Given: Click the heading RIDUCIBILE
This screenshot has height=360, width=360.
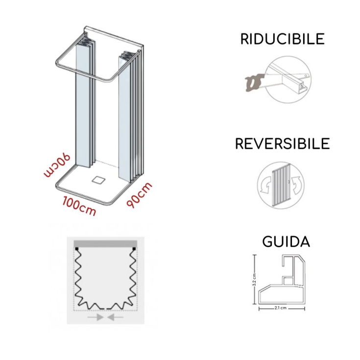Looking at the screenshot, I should tap(282, 40).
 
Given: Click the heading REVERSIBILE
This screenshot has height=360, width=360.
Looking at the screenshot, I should tap(282, 144).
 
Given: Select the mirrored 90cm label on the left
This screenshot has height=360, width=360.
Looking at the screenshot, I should tap(58, 166).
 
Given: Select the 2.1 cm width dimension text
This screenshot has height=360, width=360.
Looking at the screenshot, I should tap(280, 309).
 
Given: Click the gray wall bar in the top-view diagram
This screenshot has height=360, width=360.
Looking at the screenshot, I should tap(105, 243).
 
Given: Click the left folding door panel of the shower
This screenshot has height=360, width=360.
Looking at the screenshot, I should tap(85, 103).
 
